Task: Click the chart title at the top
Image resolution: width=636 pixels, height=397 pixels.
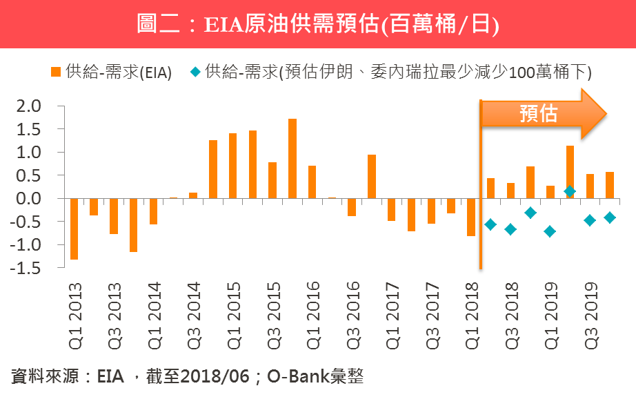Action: (x=318, y=24)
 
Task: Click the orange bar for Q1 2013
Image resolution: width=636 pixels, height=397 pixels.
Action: (x=74, y=229)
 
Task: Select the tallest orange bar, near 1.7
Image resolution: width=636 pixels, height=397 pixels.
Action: (x=292, y=158)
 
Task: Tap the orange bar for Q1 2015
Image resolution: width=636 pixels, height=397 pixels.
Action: (x=232, y=166)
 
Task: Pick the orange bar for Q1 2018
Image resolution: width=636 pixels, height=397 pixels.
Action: (x=470, y=217)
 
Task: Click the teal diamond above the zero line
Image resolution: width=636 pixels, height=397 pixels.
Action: (x=570, y=191)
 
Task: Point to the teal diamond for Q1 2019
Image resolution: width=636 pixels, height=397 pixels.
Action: (x=550, y=231)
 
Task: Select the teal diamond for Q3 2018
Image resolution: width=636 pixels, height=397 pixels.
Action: (x=510, y=229)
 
